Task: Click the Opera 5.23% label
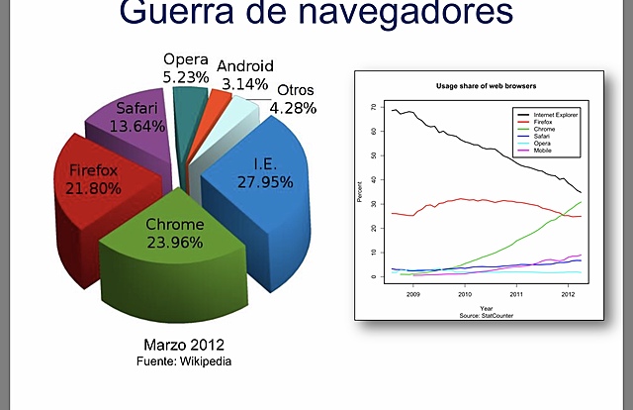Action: pyautogui.click(x=185, y=67)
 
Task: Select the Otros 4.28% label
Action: pyautogui.click(x=296, y=99)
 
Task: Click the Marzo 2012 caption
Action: pyautogui.click(x=183, y=346)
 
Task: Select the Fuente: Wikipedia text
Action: pyautogui.click(x=183, y=361)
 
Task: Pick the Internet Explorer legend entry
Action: pyautogui.click(x=553, y=115)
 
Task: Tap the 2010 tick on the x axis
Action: pyautogui.click(x=464, y=295)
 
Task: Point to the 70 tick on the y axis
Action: pyautogui.click(x=374, y=107)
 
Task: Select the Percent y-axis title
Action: pyautogui.click(x=360, y=192)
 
